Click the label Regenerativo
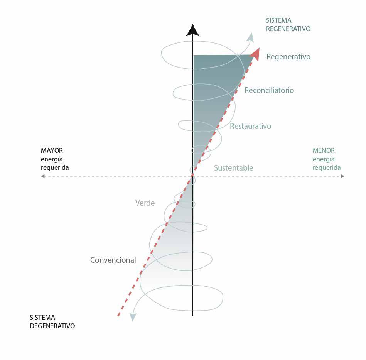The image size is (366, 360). (288, 57)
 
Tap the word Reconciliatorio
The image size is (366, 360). (269, 90)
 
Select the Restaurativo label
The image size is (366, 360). (250, 126)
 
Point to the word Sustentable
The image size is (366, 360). (233, 168)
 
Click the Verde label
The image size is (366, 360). (145, 203)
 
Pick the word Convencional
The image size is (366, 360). (113, 260)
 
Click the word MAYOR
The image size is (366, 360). (52, 150)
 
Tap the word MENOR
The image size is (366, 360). (324, 150)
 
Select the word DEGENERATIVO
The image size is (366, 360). (52, 326)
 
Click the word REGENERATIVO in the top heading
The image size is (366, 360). (288, 29)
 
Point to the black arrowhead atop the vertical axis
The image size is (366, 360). (192, 30)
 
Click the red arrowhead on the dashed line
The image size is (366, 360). (255, 54)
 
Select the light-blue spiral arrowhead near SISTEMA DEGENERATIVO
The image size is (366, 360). (133, 317)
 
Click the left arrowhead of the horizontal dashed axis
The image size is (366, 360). (43, 176)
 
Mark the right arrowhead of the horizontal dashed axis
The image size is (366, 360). (342, 176)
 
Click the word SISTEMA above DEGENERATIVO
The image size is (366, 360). (42, 318)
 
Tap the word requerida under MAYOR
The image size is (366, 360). (55, 167)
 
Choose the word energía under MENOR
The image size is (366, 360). (324, 159)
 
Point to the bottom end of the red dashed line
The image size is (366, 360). (118, 316)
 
